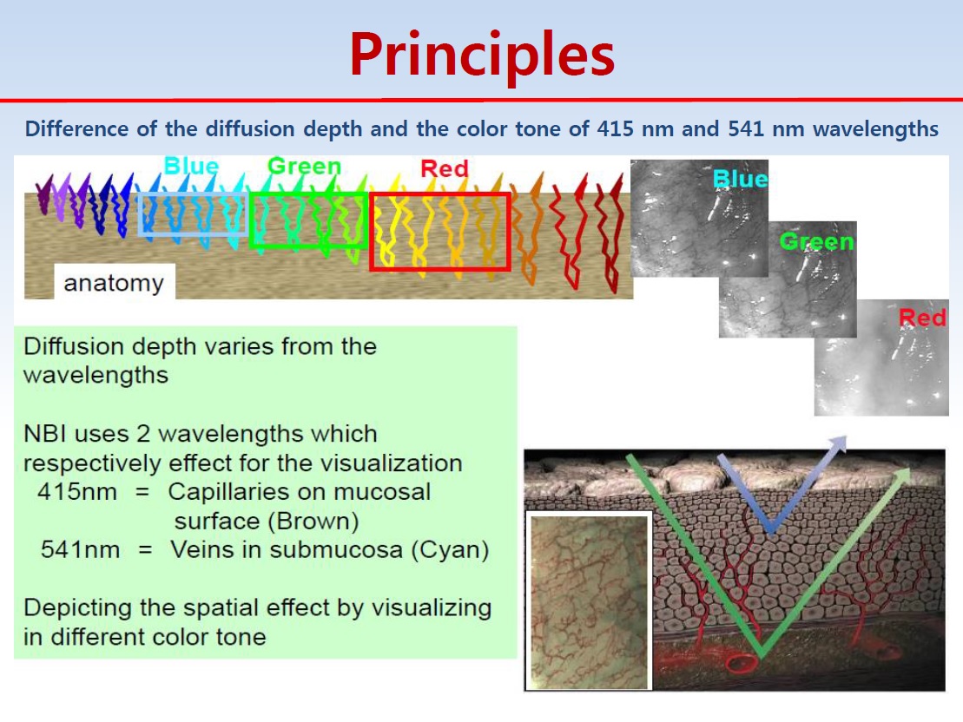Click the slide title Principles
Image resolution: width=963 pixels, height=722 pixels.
pos(482,56)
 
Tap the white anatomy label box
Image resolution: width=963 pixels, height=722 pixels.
pos(115,282)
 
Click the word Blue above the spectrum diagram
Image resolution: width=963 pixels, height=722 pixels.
pos(191,165)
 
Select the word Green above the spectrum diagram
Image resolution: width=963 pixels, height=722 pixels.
pos(304,166)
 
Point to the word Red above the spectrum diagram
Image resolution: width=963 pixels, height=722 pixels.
pos(444,168)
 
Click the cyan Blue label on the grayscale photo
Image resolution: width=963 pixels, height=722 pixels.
pos(740,179)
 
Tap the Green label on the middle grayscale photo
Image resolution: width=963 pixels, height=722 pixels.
pos(817,241)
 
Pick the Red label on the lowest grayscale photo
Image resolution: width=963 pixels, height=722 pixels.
pos(922,318)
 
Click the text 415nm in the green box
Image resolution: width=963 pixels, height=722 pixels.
pos(77,492)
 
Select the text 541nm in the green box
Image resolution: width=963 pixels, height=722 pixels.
pos(81,549)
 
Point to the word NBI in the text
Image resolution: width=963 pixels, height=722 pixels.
pos(42,434)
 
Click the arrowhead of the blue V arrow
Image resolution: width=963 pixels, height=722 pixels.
pos(838,443)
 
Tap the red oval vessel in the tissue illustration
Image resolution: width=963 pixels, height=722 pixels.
pos(742,663)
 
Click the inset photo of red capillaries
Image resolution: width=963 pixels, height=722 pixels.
pos(589,602)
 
